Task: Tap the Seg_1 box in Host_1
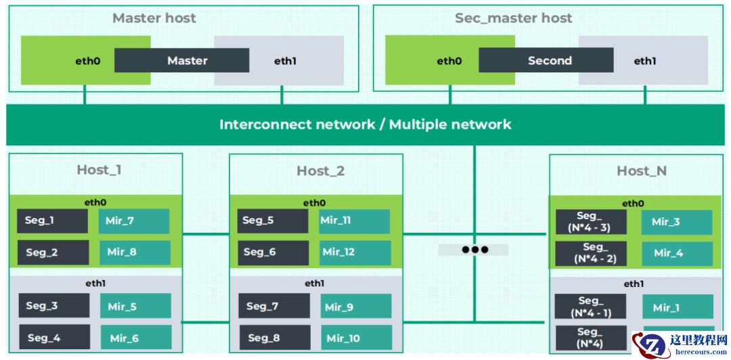pos(53,221)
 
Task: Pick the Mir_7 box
pos(134,221)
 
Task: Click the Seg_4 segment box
pos(54,337)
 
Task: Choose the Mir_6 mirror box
pos(135,337)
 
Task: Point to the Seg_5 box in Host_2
pos(273,221)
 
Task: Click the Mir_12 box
pos(355,252)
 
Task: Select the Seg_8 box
pos(275,337)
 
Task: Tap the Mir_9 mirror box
pos(355,307)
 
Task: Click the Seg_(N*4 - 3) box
pos(591,222)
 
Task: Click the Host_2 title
pos(320,171)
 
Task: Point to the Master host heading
pos(154,18)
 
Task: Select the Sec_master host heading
pos(513,18)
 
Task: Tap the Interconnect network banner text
pos(365,125)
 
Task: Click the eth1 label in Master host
pos(285,61)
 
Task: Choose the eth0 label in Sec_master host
pos(449,61)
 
